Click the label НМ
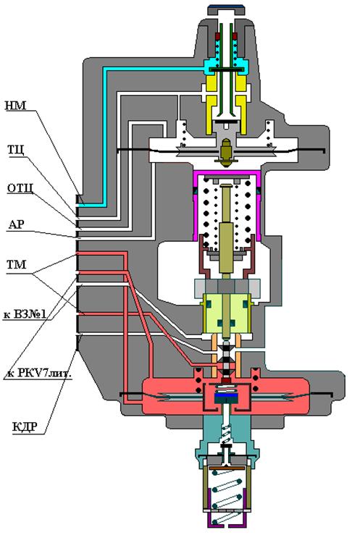(16, 106)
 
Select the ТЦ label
(16, 149)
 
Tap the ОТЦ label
(20, 188)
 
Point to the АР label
(17, 224)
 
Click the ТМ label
(17, 264)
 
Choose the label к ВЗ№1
(25, 314)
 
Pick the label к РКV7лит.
(39, 374)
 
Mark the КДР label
(25, 427)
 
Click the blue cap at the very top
(226, 7)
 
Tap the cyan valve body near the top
(226, 65)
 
